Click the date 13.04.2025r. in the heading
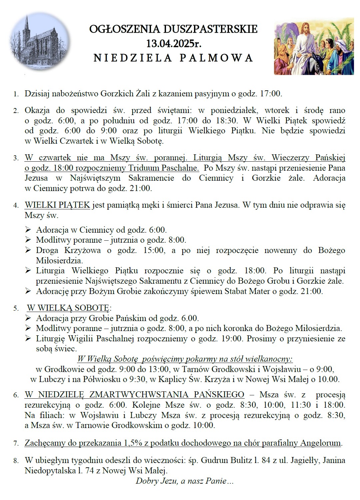pos(173,43)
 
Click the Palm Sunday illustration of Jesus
pos(314,46)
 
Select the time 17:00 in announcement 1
pos(270,94)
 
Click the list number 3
pos(16,158)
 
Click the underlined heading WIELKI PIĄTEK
pos(57,205)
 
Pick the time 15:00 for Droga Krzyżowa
pos(154,250)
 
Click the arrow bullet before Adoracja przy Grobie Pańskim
pos(28,318)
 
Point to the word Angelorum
pos(320,443)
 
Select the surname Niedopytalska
pos(50,471)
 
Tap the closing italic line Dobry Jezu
pos(184,481)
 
